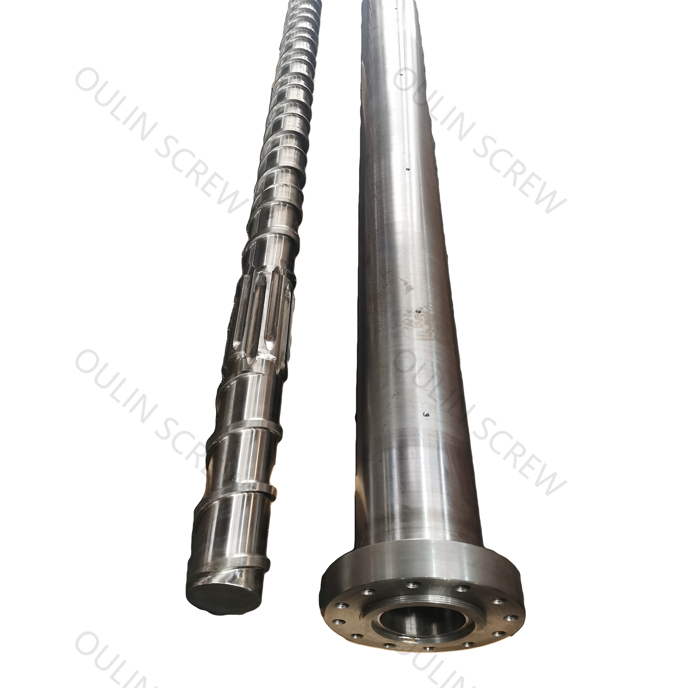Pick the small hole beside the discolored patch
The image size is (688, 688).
click(x=418, y=309)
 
